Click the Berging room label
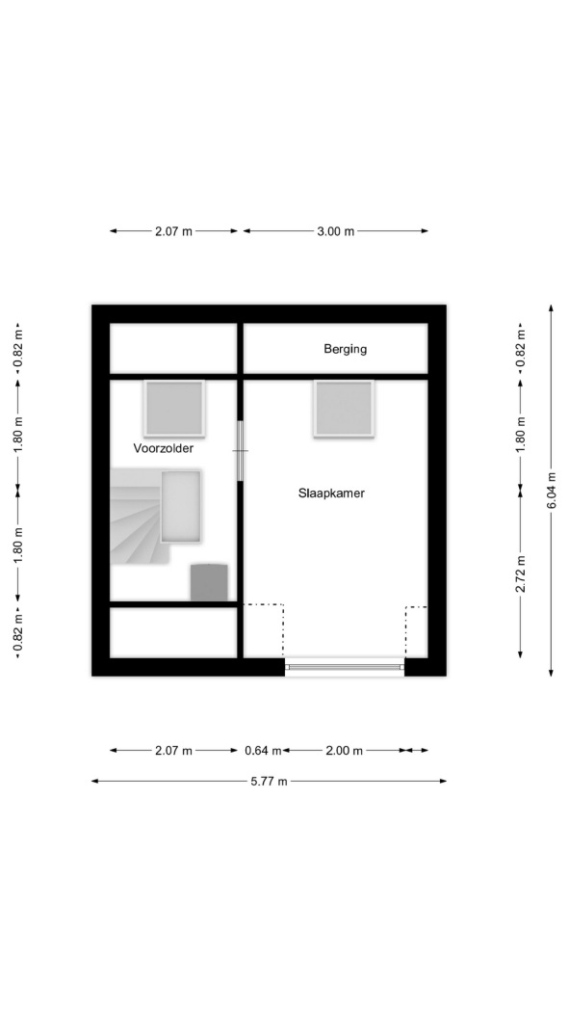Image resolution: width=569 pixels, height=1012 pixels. [x=345, y=349]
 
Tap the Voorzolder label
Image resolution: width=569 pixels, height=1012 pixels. [x=163, y=448]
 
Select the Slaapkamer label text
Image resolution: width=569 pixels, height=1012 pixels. [x=331, y=493]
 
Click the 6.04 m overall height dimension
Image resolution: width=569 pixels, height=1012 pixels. [x=551, y=491]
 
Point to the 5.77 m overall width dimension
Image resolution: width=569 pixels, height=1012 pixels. [x=269, y=781]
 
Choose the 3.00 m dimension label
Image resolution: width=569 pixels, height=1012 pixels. [x=335, y=231]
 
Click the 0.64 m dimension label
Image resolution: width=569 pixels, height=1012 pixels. [x=263, y=751]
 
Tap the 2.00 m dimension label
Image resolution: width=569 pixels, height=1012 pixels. [x=344, y=751]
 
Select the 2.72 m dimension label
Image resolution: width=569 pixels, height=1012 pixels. [x=521, y=573]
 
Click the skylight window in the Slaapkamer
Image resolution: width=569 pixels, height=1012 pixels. [x=344, y=409]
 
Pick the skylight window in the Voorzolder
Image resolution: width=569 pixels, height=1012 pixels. [x=174, y=408]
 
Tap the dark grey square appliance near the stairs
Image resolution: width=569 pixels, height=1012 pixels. [x=209, y=582]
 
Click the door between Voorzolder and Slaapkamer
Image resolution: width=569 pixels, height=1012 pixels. [x=241, y=450]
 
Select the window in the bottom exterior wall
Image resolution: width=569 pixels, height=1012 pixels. [x=345, y=667]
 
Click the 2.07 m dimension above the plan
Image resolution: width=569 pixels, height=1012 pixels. [x=173, y=231]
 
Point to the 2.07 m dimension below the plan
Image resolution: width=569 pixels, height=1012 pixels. [x=173, y=751]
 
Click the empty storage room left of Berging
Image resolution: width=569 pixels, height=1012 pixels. [x=173, y=348]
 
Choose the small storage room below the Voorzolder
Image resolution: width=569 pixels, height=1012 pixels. [x=173, y=632]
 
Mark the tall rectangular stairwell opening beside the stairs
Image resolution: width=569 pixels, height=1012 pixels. [x=180, y=506]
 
